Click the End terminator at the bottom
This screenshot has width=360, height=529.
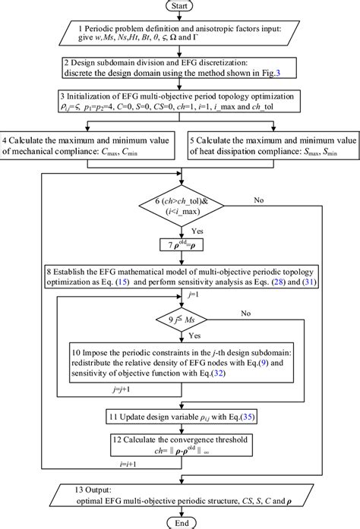click(180, 521)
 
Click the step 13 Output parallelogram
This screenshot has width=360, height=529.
click(180, 489)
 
